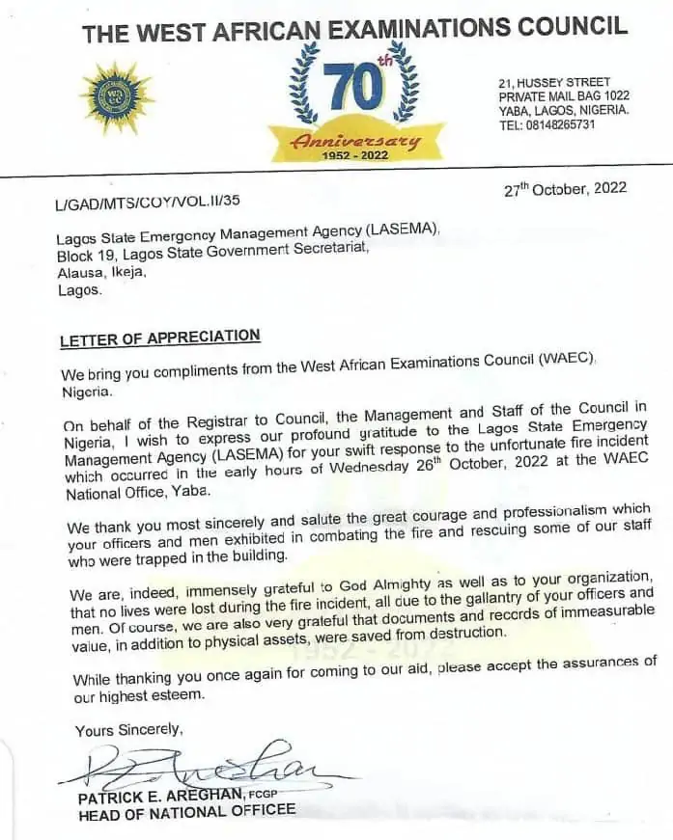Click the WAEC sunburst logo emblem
click(116, 97)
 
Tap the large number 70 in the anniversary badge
click(354, 90)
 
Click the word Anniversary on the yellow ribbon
click(357, 142)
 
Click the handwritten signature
click(208, 767)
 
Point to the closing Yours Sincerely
click(127, 731)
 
